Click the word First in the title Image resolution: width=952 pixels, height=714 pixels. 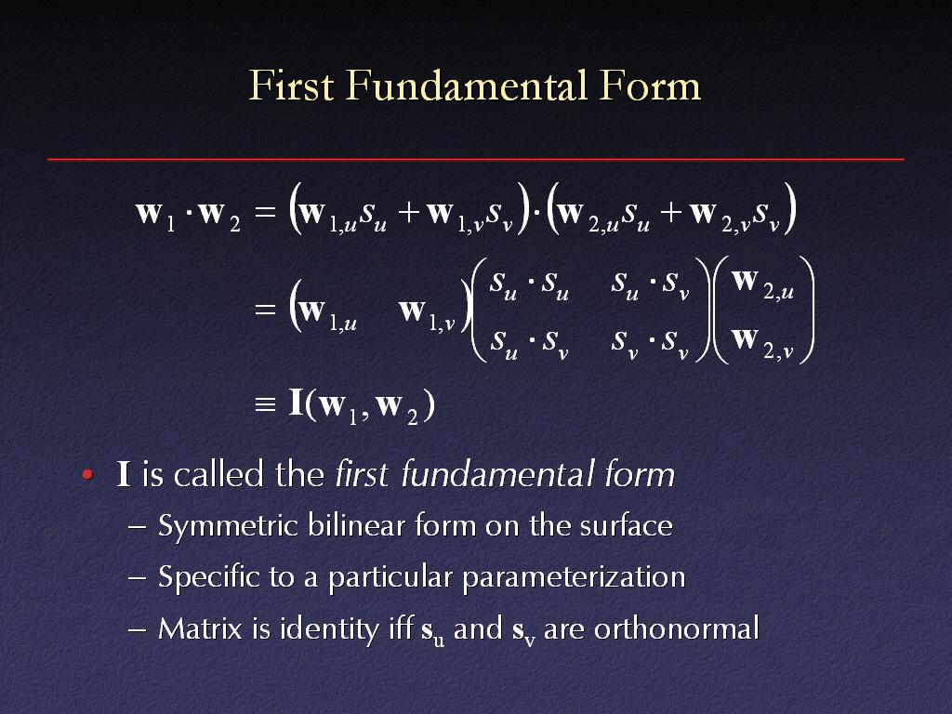tap(291, 85)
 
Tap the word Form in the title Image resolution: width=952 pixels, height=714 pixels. tap(650, 86)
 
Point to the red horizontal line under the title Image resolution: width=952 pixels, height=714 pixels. tap(476, 159)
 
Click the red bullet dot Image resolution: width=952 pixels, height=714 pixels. tap(87, 474)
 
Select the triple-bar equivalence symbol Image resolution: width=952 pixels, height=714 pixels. tap(265, 404)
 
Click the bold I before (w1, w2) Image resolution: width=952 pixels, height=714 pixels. tap(297, 403)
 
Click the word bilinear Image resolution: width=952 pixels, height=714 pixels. tap(357, 524)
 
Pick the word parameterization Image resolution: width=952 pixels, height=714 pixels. tap(573, 577)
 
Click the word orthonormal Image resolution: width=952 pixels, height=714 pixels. tap(677, 628)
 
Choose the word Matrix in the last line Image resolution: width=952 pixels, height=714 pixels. tap(201, 628)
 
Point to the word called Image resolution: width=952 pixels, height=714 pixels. tap(218, 474)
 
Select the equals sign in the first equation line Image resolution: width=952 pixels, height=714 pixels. tap(265, 211)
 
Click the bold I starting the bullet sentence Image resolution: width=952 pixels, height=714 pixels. tap(124, 474)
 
